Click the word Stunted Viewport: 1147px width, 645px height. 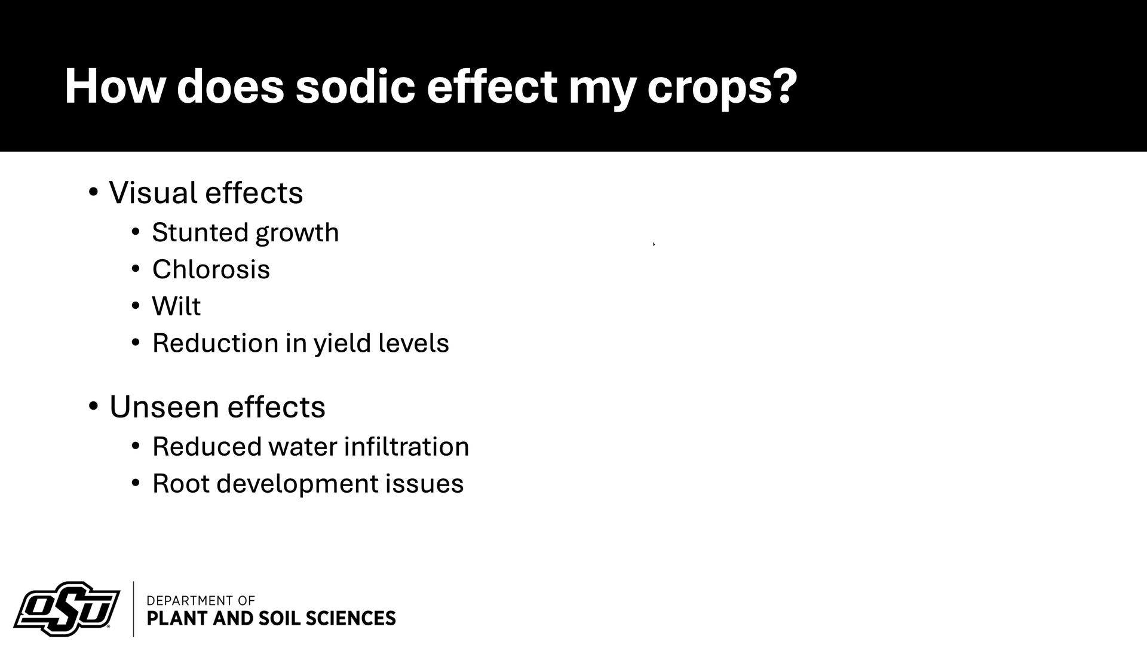point(200,232)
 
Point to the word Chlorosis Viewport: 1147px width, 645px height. point(211,269)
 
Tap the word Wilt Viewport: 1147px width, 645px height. point(176,306)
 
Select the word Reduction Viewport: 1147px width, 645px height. point(215,343)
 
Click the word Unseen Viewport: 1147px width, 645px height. point(164,407)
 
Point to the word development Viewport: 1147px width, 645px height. point(298,484)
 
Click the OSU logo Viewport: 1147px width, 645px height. point(67,609)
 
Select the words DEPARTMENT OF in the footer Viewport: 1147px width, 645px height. point(201,600)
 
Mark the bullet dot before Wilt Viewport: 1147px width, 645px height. point(136,306)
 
